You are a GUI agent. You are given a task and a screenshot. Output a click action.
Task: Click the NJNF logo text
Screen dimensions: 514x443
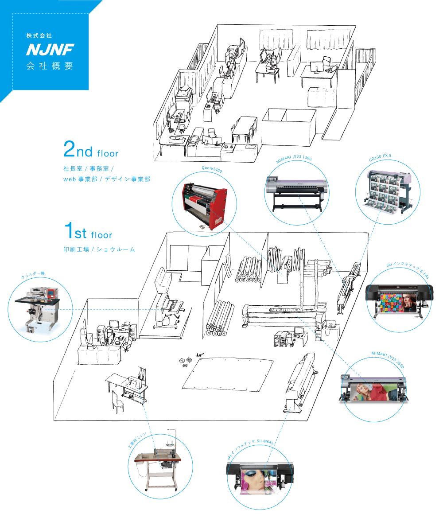pyautogui.click(x=50, y=50)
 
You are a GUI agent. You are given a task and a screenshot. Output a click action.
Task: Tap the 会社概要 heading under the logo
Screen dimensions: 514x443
pyautogui.click(x=50, y=66)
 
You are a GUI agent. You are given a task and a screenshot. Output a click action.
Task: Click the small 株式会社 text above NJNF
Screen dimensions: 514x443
pyautogui.click(x=39, y=35)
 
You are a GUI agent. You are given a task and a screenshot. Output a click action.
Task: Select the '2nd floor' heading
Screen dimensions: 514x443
pyautogui.click(x=91, y=151)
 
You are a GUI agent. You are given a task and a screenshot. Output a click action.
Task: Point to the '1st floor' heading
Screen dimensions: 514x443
pyautogui.click(x=88, y=232)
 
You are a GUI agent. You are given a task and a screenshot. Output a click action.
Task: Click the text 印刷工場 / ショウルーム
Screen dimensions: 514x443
pyautogui.click(x=99, y=249)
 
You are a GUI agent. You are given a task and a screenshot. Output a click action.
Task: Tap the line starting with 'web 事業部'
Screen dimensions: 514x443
pyautogui.click(x=106, y=179)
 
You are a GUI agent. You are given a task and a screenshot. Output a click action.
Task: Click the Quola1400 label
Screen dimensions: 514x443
pyautogui.click(x=211, y=170)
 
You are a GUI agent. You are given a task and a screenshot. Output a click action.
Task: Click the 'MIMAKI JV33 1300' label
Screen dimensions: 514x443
pyautogui.click(x=294, y=160)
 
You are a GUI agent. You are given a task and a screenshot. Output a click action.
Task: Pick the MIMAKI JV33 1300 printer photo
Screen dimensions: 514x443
pyautogui.click(x=296, y=194)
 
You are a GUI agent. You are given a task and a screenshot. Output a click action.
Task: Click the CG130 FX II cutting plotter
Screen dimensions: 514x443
pyautogui.click(x=388, y=192)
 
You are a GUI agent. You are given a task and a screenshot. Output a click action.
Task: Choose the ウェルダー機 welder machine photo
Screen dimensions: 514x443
pyautogui.click(x=40, y=311)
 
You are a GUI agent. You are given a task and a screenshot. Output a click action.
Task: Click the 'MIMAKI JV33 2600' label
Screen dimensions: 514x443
pyautogui.click(x=388, y=354)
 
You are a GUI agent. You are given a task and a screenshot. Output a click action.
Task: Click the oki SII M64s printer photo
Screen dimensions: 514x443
pyautogui.click(x=260, y=478)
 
